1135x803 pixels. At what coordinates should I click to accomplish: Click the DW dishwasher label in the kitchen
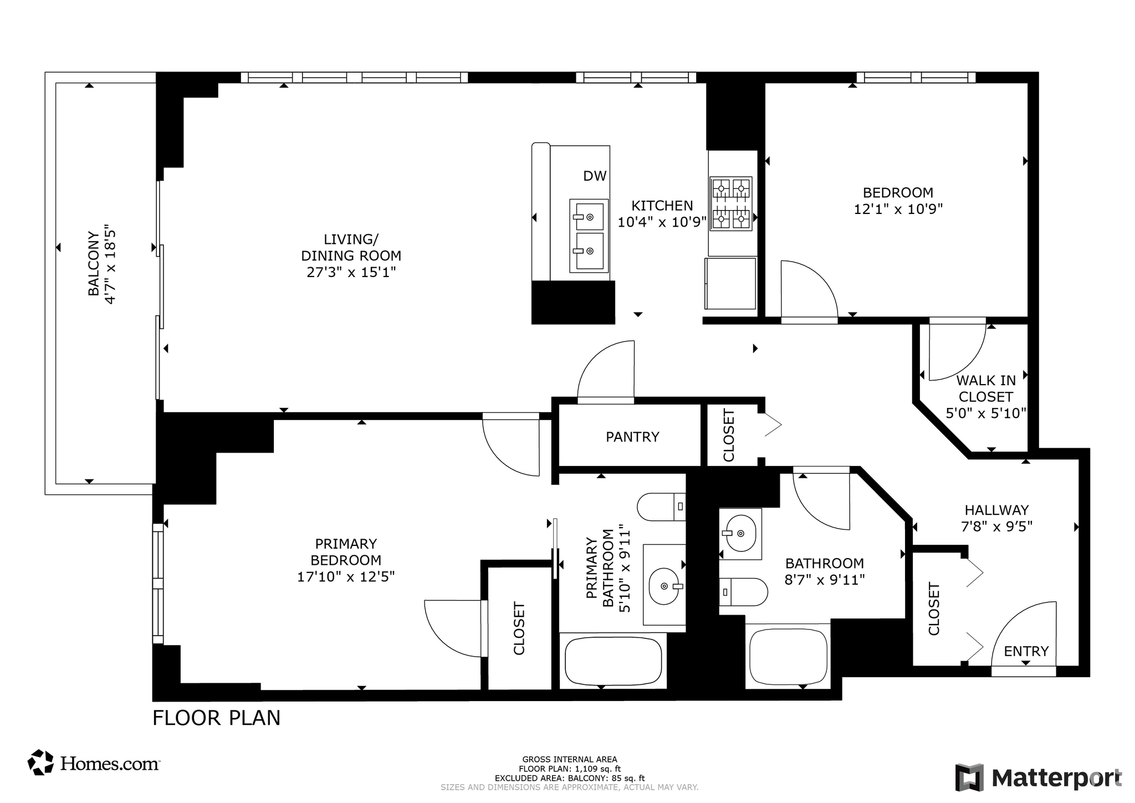[x=595, y=176]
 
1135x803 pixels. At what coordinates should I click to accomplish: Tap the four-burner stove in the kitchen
[x=731, y=203]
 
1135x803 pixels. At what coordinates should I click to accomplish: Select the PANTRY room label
[x=632, y=437]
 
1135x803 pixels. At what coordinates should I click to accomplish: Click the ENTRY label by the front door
[x=1026, y=651]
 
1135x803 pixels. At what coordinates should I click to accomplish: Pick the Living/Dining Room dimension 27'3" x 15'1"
[x=351, y=272]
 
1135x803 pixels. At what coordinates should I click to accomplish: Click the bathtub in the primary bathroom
[x=613, y=661]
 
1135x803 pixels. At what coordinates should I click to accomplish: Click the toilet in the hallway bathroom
[x=743, y=592]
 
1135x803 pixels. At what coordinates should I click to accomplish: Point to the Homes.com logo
[x=94, y=763]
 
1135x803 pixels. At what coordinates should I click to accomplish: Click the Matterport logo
[x=1039, y=778]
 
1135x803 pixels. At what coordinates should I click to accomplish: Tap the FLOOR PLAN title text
[x=217, y=718]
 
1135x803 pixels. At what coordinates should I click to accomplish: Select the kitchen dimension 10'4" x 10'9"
[x=662, y=222]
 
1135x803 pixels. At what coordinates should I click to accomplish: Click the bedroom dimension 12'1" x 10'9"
[x=898, y=209]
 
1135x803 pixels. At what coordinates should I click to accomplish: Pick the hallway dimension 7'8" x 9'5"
[x=997, y=526]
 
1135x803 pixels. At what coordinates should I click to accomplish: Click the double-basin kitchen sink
[x=589, y=236]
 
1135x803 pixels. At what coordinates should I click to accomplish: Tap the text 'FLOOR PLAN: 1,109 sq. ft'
[x=570, y=769]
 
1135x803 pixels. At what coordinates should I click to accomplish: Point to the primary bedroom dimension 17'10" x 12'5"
[x=346, y=577]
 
